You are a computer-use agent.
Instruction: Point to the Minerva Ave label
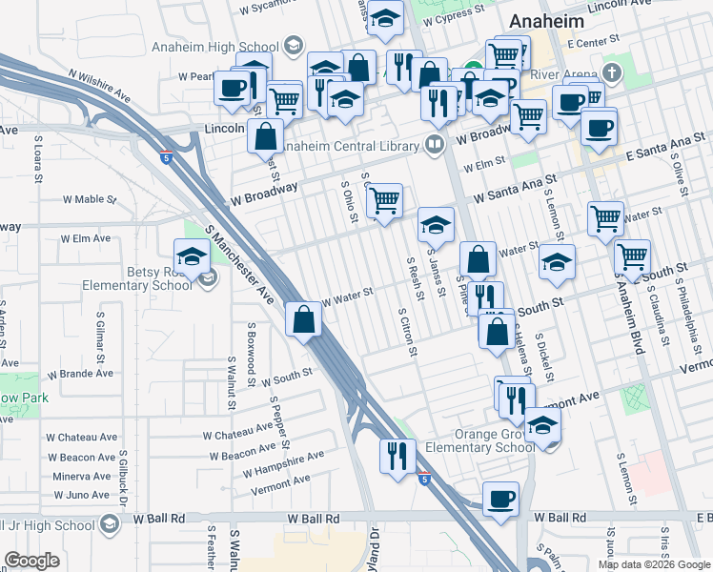point(83,476)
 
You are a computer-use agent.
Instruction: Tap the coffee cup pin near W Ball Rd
point(500,499)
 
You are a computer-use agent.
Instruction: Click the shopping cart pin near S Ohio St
point(383,201)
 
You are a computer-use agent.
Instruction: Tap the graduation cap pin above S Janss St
point(436,226)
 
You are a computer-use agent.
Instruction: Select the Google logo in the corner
point(32,560)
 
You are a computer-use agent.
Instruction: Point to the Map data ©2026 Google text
point(654,564)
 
